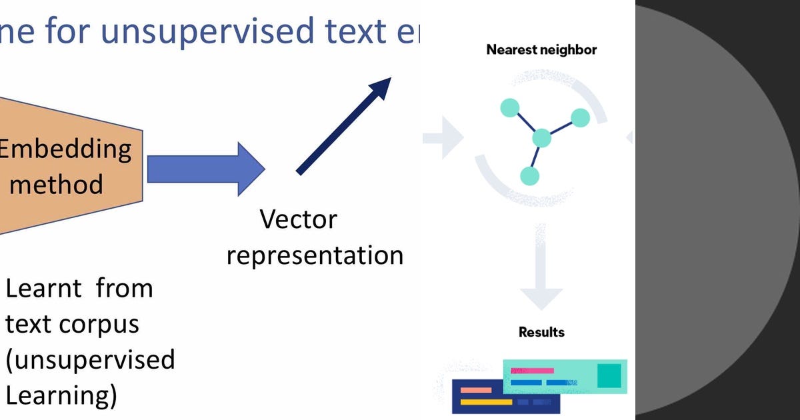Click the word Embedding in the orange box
(x=65, y=149)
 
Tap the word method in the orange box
(x=57, y=183)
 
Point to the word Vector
(x=298, y=219)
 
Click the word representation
(x=315, y=255)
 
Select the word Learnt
(x=43, y=289)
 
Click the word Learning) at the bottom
(x=61, y=395)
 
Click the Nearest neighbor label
(x=541, y=49)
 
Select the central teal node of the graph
(x=542, y=138)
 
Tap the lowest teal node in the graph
(x=529, y=176)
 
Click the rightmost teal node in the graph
(x=581, y=118)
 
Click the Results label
(x=541, y=332)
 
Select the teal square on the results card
(x=609, y=375)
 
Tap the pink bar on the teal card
(x=532, y=370)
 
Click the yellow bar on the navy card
(x=486, y=402)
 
